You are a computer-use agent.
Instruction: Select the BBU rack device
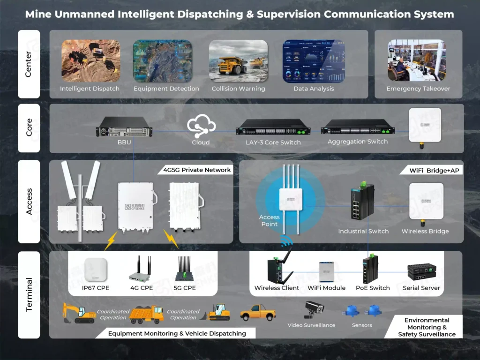point(125,127)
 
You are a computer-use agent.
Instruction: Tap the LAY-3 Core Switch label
point(273,142)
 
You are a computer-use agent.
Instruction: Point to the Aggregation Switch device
point(358,126)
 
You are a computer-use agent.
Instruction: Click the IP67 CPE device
point(96,270)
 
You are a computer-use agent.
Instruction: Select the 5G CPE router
point(184,270)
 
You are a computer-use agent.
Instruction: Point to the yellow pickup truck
point(257,312)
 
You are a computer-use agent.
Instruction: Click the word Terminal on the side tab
point(29,294)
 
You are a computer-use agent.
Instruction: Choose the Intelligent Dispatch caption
point(90,89)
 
